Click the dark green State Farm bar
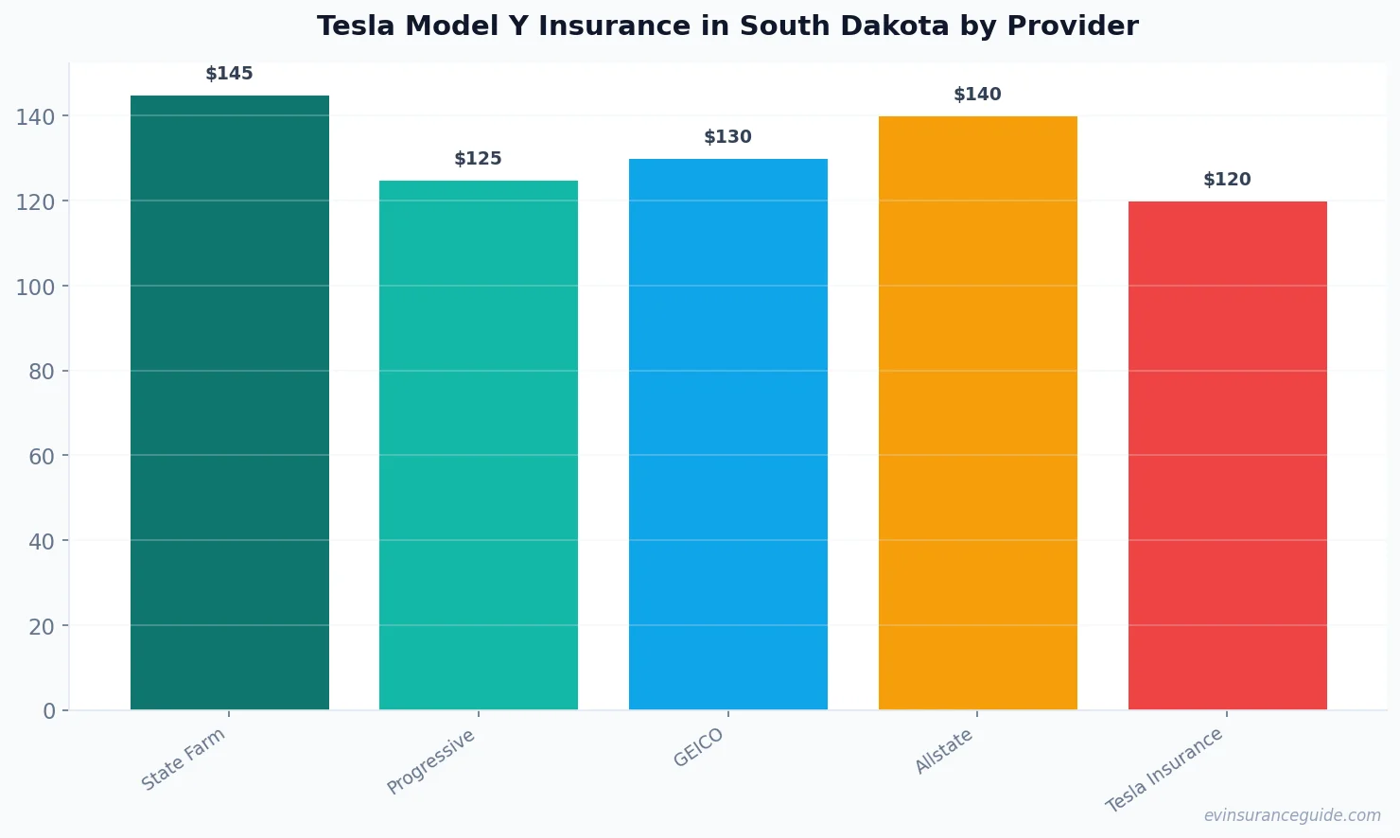point(229,402)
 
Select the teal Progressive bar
point(478,445)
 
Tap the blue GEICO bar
point(727,434)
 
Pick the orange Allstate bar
point(977,412)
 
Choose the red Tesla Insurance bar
point(1227,455)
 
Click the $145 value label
point(229,74)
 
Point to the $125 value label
point(478,159)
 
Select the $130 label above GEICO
point(727,137)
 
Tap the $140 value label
point(977,95)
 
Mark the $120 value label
point(1227,180)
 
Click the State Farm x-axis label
point(184,759)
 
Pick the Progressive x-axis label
point(431,762)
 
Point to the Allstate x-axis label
point(944,752)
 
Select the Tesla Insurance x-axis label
point(1164,770)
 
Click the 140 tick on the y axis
point(35,117)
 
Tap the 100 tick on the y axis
point(35,287)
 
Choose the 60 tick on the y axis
point(41,457)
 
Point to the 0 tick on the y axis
point(49,711)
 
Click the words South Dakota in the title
point(844,26)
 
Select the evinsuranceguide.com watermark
point(1291,815)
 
